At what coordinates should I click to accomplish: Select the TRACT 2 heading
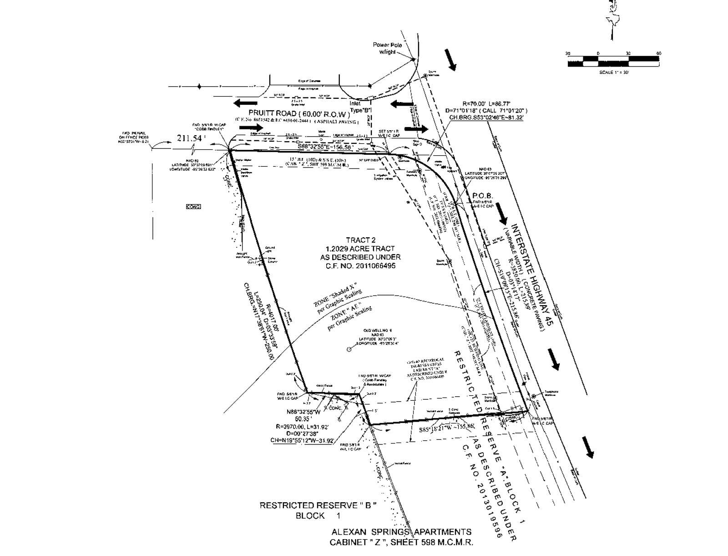point(361,240)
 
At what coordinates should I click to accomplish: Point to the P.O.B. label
point(483,196)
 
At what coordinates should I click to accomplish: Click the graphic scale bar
point(613,61)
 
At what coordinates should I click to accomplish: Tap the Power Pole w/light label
point(384,48)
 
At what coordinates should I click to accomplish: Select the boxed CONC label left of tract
point(193,207)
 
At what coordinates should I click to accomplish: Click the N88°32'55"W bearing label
point(303,412)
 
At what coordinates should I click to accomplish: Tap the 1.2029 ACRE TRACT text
point(360,249)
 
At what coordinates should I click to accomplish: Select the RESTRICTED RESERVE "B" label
point(318,505)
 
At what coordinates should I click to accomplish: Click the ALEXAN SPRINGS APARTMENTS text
point(401,532)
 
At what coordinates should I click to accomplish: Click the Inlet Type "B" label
point(361,107)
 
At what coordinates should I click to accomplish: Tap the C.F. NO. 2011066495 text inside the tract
point(361,265)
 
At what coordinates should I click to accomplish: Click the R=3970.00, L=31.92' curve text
point(302,427)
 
